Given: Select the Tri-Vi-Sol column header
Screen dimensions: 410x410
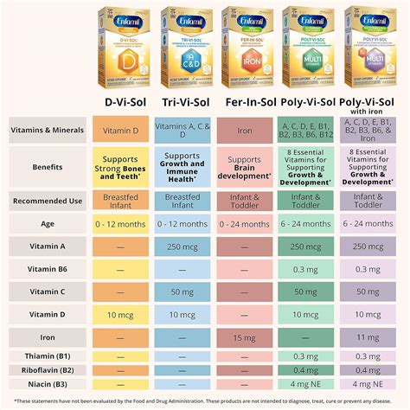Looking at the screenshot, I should pos(183,101).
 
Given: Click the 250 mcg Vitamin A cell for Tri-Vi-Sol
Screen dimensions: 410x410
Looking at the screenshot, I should pos(183,246).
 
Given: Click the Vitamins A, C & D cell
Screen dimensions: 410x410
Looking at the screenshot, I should pos(183,130).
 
